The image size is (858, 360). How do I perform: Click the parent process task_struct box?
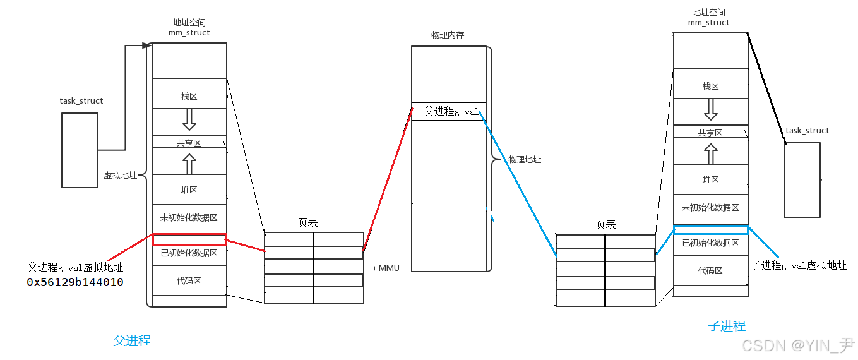pos(80,150)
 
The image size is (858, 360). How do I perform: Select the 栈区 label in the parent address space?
pos(189,97)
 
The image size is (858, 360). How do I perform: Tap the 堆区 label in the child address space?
pos(710,180)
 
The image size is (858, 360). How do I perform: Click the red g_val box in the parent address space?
pos(189,239)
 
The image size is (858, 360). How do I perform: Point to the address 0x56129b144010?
pos(75,282)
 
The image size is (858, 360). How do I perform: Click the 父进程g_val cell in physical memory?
pos(449,112)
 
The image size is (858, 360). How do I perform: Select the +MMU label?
pos(386,268)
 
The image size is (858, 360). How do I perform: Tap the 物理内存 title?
pos(448,35)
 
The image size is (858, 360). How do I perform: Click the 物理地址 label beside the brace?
pos(525,160)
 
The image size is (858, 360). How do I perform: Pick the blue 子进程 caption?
pos(727,326)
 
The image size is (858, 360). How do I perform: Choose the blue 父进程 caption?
pos(132,340)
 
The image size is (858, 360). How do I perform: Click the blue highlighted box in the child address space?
pos(710,230)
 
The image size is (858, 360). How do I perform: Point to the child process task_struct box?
pos(802,180)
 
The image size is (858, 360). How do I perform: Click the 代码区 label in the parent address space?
pos(189,280)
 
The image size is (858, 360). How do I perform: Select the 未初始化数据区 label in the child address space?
pos(710,208)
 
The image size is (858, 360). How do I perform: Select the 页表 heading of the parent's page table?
pos(307,223)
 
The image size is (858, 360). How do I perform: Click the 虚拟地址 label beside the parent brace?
pos(120,176)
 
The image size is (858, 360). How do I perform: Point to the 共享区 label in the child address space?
pos(710,133)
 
